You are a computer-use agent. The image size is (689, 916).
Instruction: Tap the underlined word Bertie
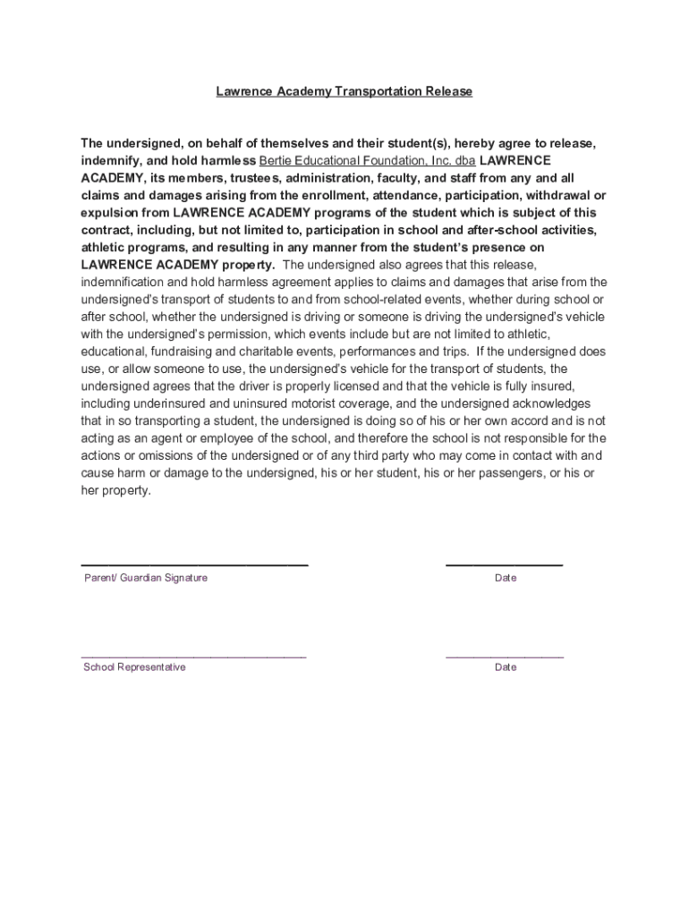pyautogui.click(x=277, y=161)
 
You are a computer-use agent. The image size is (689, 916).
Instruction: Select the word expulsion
pyautogui.click(x=111, y=213)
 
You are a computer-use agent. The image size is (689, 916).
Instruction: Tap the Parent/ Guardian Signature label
pyautogui.click(x=146, y=578)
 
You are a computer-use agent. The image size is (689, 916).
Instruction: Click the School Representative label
pyautogui.click(x=134, y=667)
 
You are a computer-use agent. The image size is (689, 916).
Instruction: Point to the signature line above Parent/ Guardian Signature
pyautogui.click(x=195, y=565)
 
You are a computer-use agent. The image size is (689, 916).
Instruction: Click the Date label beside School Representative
pyautogui.click(x=506, y=667)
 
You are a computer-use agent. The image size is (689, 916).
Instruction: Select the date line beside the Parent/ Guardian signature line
pyautogui.click(x=505, y=565)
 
